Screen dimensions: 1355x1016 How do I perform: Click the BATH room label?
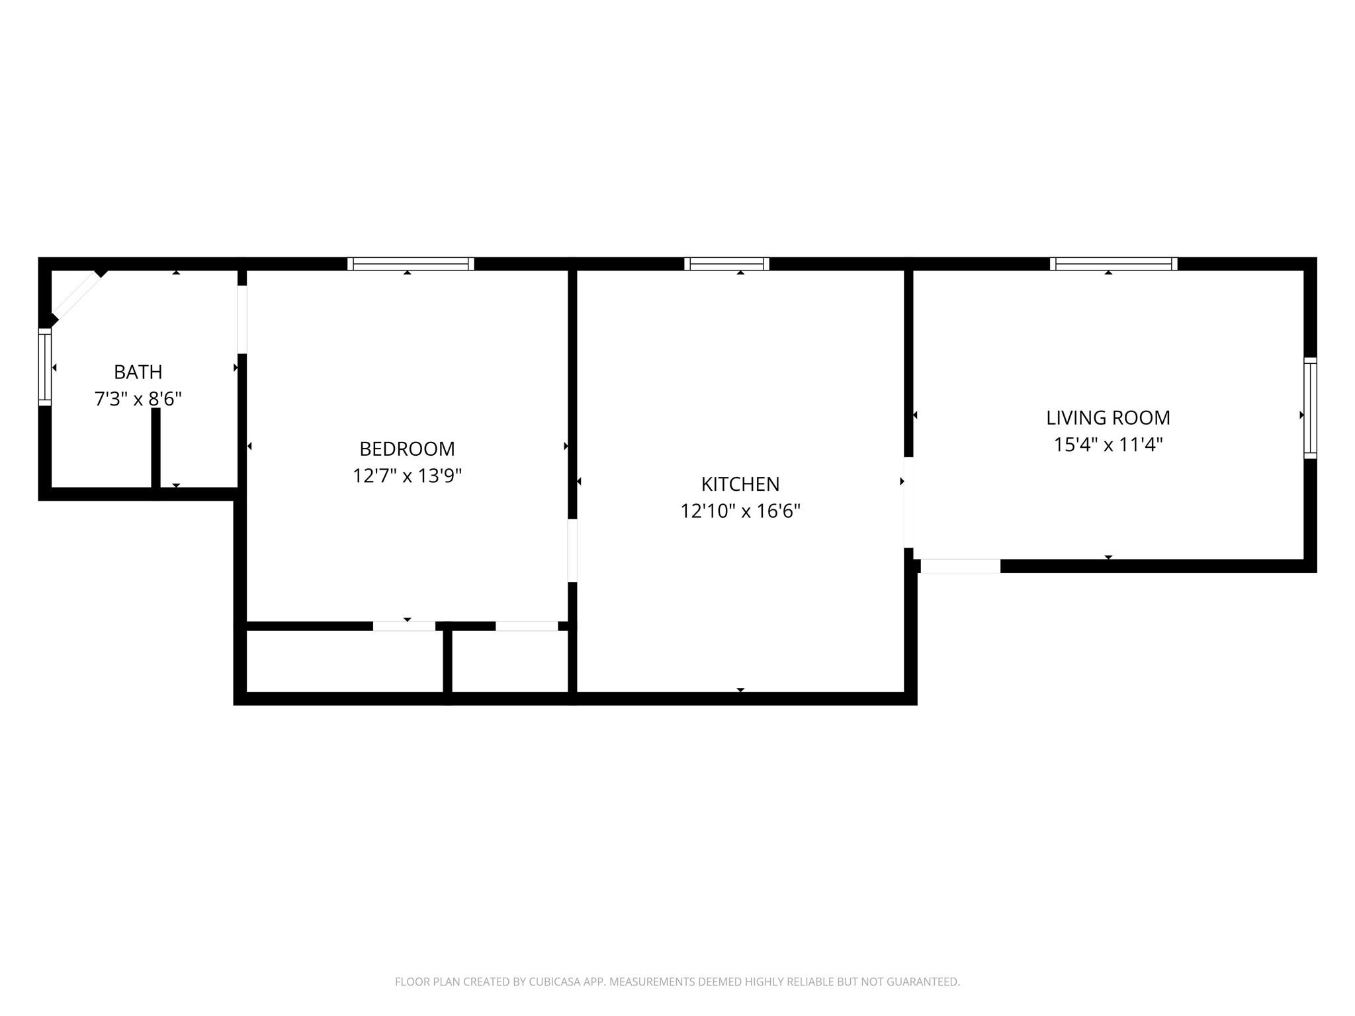tap(138, 372)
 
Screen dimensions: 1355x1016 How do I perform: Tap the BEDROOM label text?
tap(407, 449)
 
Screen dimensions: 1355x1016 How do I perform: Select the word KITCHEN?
tap(740, 484)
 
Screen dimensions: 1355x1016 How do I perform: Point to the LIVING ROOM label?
tap(1108, 418)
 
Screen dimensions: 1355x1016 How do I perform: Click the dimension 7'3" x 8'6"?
tap(138, 399)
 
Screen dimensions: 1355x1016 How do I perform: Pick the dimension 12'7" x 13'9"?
tap(407, 476)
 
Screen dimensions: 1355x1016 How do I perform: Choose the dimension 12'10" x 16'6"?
tap(740, 511)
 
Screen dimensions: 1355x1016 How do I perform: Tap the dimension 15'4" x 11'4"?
tap(1108, 444)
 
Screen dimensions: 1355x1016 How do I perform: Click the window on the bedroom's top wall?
tap(411, 264)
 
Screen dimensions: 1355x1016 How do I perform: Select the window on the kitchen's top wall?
tap(726, 264)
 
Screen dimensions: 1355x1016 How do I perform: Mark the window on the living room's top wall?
tap(1114, 264)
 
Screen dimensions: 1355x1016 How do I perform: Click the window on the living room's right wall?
tap(1310, 408)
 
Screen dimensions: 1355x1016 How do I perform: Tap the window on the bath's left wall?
tap(45, 367)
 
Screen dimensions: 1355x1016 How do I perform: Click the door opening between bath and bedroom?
tap(242, 319)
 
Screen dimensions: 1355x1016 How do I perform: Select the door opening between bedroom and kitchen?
tap(572, 550)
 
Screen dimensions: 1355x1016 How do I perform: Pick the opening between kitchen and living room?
tap(908, 502)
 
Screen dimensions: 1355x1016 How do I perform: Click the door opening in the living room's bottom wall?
tap(960, 566)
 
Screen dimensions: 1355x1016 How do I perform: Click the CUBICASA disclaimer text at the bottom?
tap(677, 982)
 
